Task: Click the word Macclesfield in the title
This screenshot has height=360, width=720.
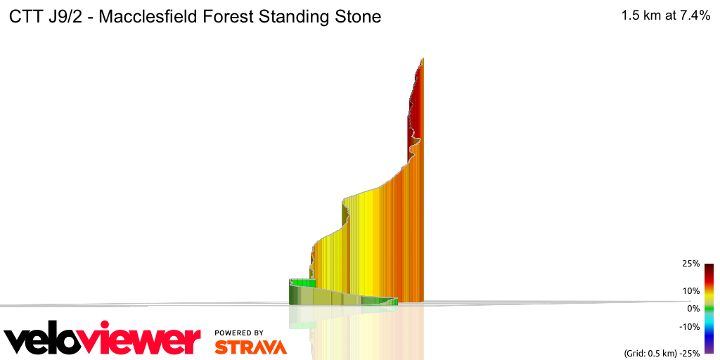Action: point(146,17)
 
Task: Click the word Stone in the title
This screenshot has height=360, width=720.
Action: point(358,17)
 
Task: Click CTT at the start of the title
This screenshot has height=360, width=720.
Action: point(25,17)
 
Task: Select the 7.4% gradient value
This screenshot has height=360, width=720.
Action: point(694,16)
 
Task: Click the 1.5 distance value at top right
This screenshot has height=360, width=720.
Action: point(630,16)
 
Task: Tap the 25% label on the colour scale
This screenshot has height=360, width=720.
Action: point(690,264)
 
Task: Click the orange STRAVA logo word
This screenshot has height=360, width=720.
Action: point(250,347)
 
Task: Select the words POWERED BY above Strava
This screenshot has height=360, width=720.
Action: point(239,333)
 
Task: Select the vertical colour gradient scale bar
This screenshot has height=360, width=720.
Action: point(709,308)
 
